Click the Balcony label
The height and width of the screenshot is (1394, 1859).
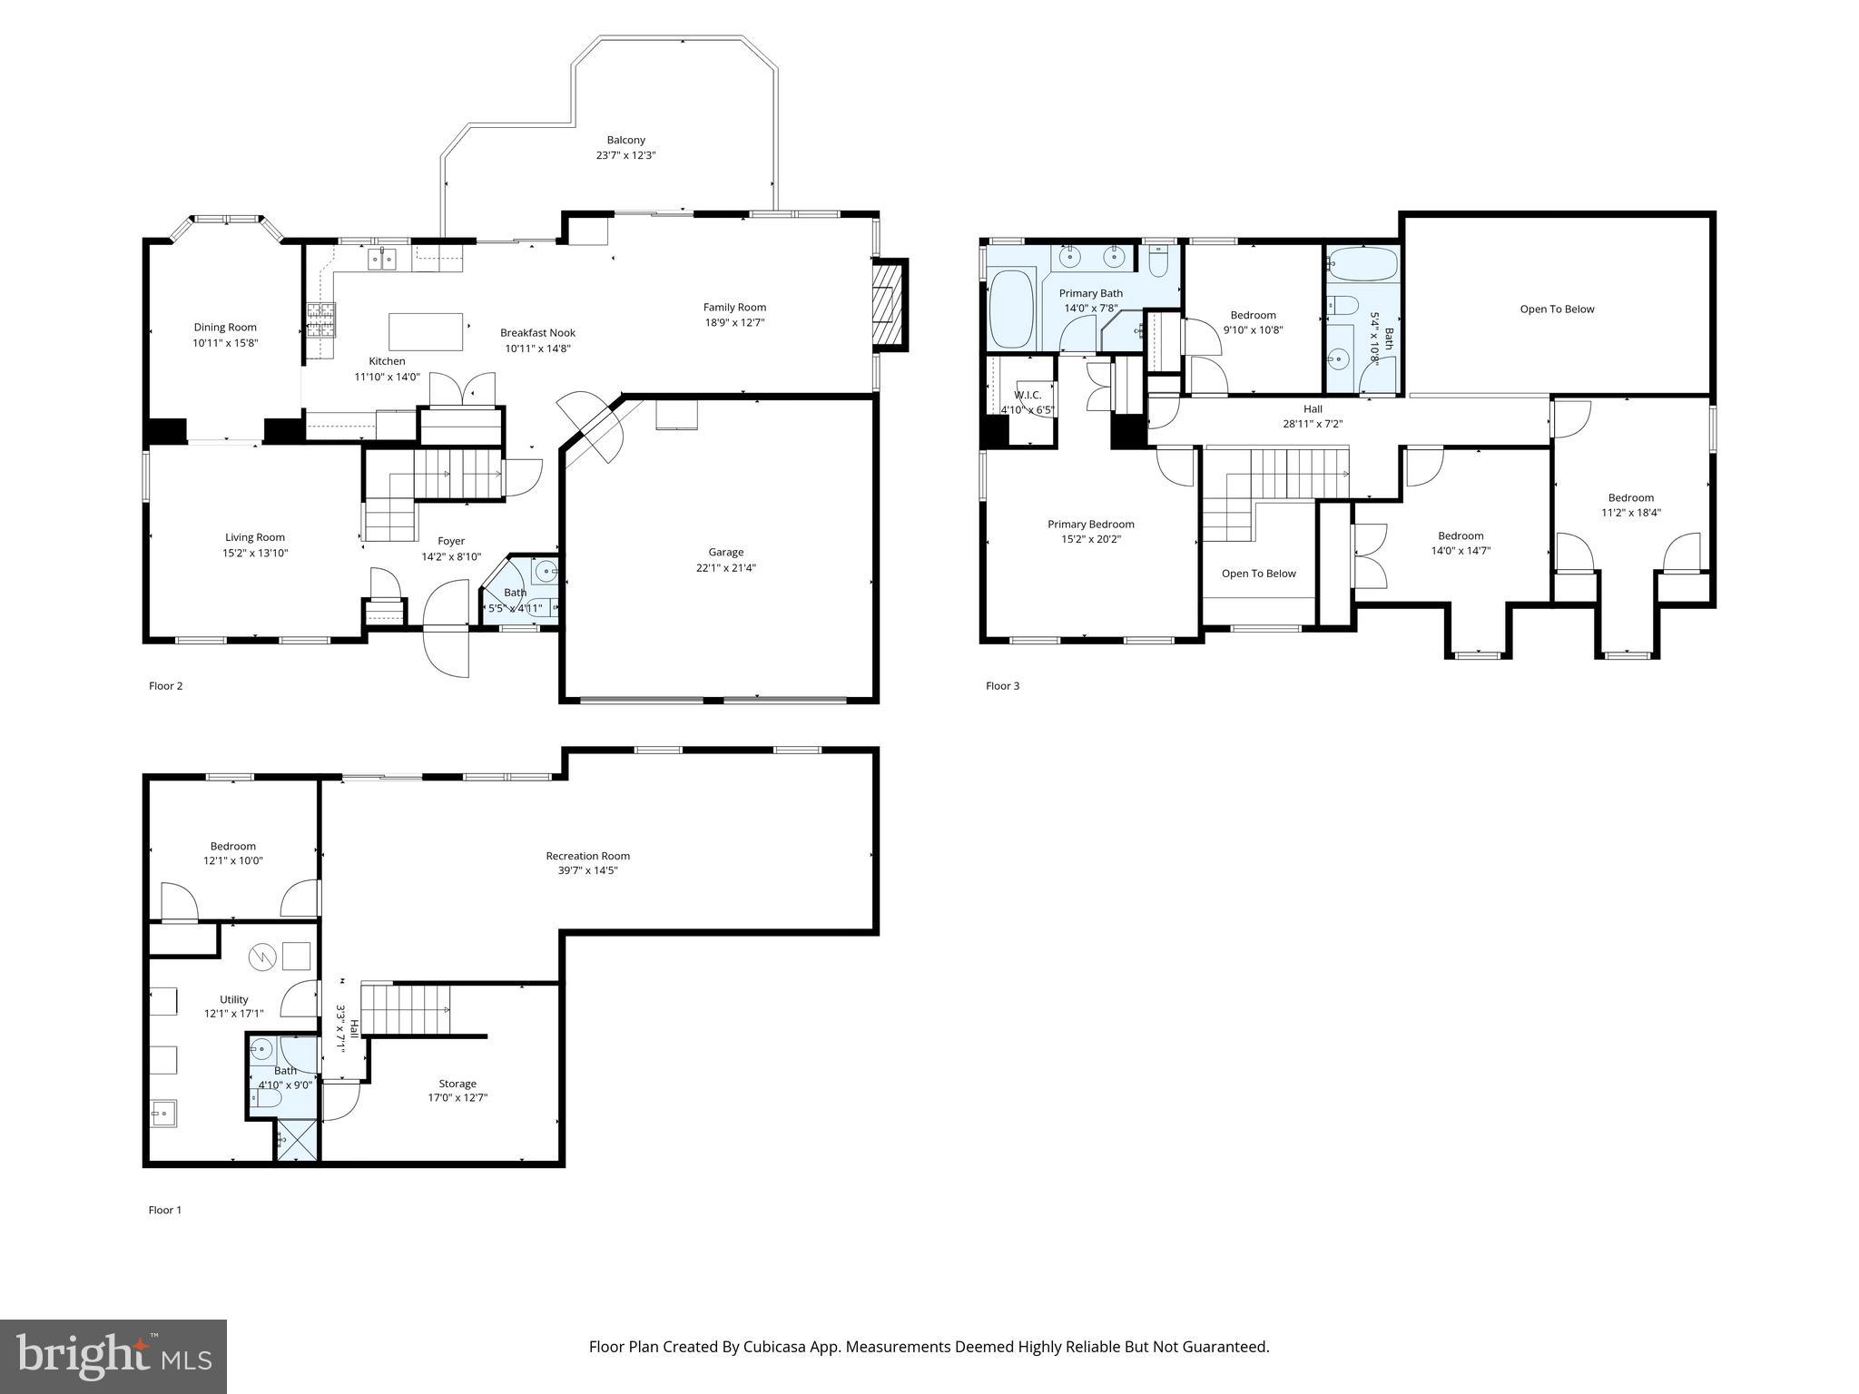coord(625,140)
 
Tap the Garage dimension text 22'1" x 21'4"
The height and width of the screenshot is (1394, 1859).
coord(725,568)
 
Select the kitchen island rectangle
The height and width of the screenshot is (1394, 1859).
coord(426,331)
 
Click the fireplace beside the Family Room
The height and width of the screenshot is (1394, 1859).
coord(889,305)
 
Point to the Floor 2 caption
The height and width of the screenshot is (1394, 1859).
coord(165,686)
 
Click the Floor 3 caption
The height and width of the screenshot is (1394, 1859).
coord(1002,686)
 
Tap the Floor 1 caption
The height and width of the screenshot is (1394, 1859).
coord(164,1210)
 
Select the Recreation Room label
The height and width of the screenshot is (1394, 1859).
coord(587,856)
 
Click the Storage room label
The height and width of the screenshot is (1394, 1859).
coord(457,1084)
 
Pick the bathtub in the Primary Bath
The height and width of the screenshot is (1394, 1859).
coord(1009,311)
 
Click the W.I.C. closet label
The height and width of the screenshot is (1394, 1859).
coord(1028,395)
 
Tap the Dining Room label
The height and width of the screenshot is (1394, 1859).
coord(225,328)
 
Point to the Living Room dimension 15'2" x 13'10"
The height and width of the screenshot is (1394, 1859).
coord(255,553)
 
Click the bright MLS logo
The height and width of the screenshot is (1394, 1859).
coord(113,1356)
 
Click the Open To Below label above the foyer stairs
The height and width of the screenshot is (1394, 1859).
coord(1258,574)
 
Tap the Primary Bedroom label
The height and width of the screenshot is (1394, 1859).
coord(1090,525)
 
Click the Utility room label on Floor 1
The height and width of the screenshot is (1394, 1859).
coord(233,999)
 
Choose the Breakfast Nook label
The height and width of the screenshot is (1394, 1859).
coord(537,333)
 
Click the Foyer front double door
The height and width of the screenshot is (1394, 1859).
coord(447,629)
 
